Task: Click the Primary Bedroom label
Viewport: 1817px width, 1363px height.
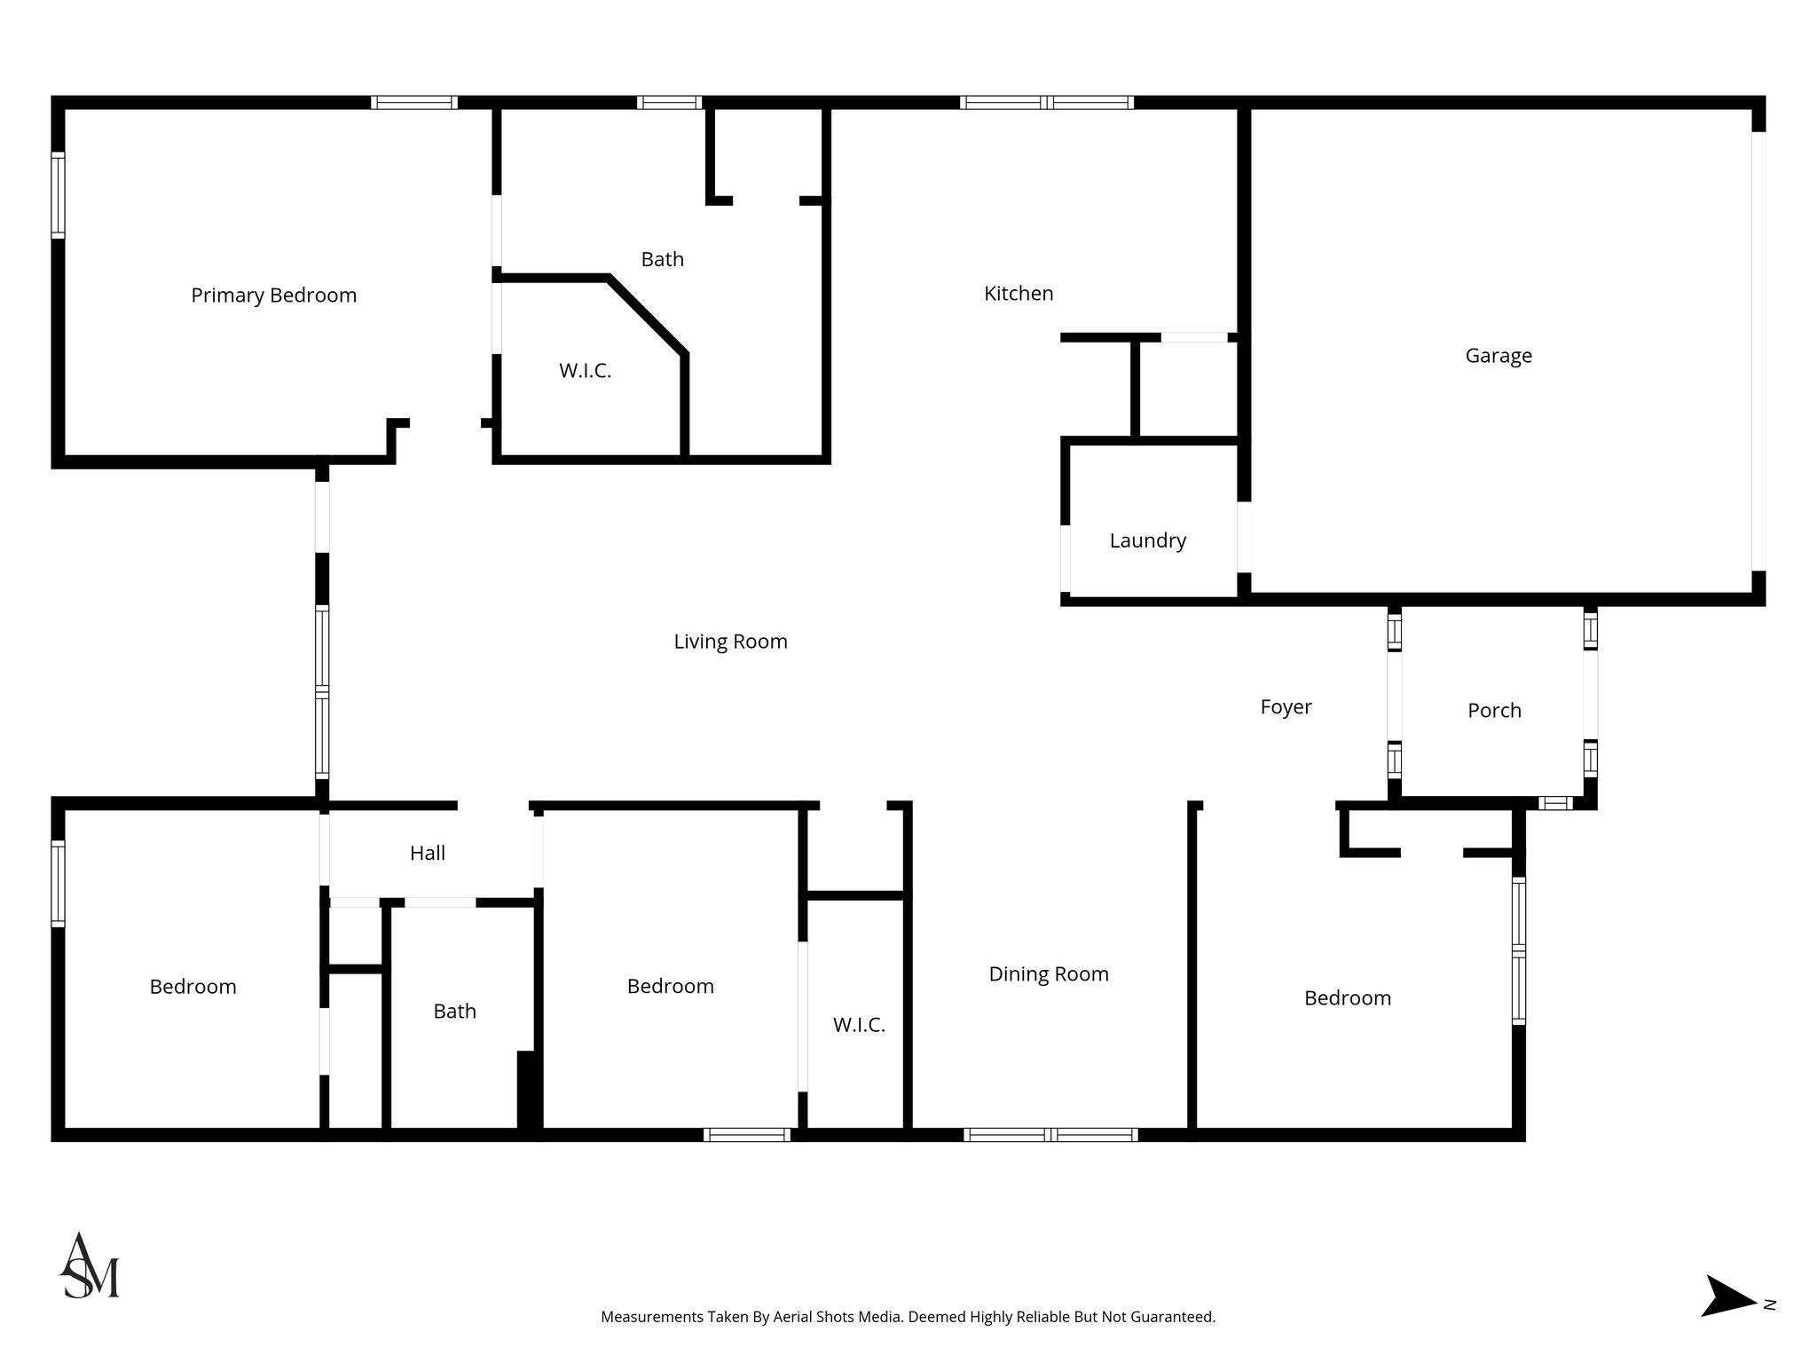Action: (x=273, y=295)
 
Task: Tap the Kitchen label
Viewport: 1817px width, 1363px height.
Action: (x=1019, y=294)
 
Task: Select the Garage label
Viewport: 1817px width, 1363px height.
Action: (x=1498, y=356)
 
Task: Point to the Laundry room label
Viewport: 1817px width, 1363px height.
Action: (x=1147, y=540)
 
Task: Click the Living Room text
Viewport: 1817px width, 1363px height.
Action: (x=730, y=642)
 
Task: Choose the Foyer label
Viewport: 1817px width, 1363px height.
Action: (x=1286, y=707)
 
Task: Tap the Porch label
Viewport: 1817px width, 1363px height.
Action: (x=1494, y=711)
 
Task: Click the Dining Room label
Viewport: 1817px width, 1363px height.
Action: (x=1049, y=974)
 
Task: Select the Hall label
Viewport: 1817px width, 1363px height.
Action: (x=427, y=854)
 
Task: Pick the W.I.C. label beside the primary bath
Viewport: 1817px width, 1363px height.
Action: (x=585, y=371)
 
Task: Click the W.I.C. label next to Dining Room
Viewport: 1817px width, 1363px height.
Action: (x=859, y=1026)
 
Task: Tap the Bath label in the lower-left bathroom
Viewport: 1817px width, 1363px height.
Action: (x=454, y=1012)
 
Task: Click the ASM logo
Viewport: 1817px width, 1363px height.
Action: (x=89, y=1265)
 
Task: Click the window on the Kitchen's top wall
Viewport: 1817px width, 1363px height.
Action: (x=1046, y=103)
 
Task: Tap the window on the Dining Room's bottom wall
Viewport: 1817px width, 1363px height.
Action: (x=1050, y=1134)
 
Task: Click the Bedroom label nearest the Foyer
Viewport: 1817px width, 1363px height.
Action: (x=1347, y=998)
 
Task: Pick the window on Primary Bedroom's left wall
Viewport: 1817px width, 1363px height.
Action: (x=58, y=195)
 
